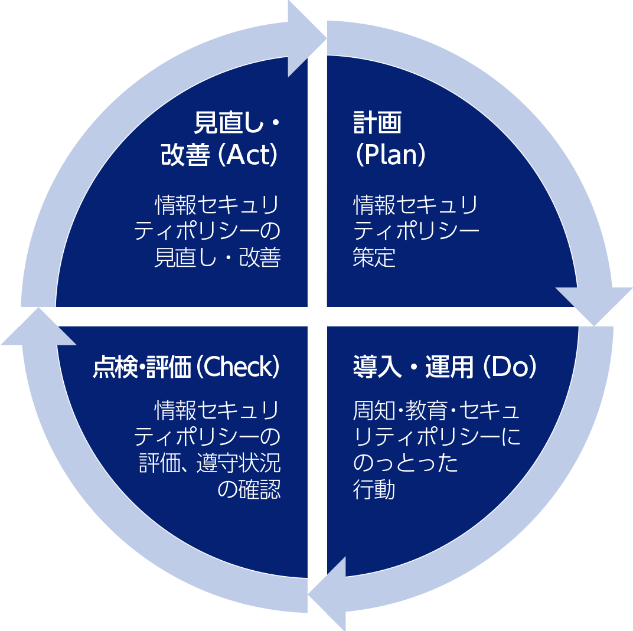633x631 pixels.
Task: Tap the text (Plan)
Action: pyautogui.click(x=390, y=155)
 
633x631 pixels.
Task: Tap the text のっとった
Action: pyautogui.click(x=406, y=463)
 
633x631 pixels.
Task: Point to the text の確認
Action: pyautogui.click(x=249, y=490)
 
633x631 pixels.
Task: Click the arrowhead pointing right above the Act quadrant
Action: pyautogui.click(x=305, y=39)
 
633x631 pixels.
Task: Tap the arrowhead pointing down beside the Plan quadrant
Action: pyautogui.click(x=593, y=305)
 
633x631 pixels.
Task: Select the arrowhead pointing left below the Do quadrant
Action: pyautogui.click(x=328, y=593)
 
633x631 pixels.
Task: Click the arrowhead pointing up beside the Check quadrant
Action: pyautogui.click(x=39, y=328)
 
